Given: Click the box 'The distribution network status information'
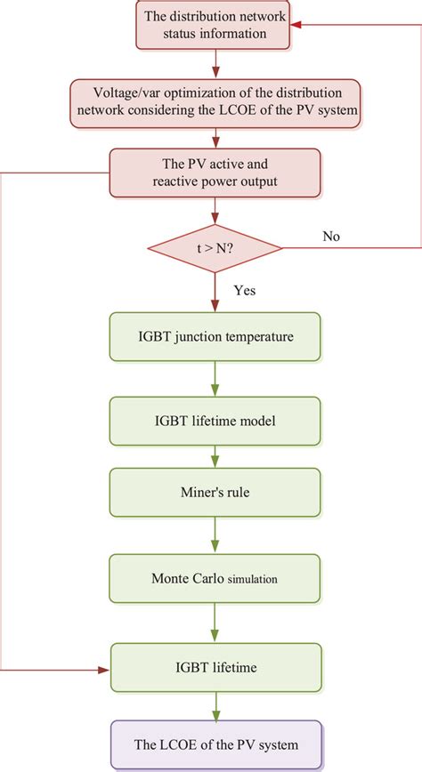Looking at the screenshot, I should (215, 26).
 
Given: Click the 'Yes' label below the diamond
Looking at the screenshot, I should (246, 290).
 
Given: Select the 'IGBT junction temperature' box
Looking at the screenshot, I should (215, 337).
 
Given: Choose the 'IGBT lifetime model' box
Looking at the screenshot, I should (215, 421).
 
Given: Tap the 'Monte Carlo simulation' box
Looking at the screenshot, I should (215, 578).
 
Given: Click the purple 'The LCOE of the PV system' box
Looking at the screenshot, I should (215, 744).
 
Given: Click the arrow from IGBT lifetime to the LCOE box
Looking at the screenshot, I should (215, 704).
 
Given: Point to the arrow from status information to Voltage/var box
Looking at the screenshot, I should (215, 63).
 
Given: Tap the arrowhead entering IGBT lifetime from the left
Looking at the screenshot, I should (103, 667).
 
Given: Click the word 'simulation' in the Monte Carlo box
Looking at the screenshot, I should (253, 579).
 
